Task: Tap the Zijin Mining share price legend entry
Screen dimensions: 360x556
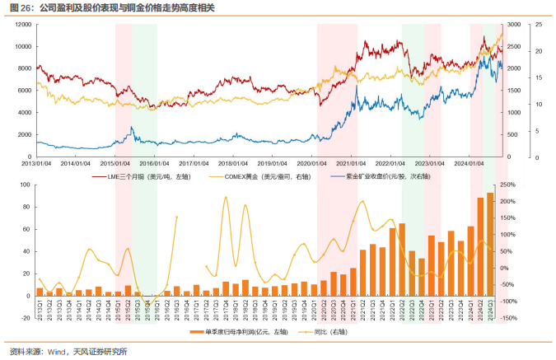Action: pos(388,176)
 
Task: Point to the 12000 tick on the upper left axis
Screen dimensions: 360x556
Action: pos(22,25)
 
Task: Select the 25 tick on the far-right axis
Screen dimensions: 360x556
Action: pos(538,25)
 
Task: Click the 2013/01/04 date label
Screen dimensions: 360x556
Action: pos(37,163)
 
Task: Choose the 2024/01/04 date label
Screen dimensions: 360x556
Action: pos(470,163)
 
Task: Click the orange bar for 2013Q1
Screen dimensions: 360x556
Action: pos(40,292)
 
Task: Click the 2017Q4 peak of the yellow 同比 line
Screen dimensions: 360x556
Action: pos(226,199)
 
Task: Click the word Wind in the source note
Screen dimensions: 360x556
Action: pos(55,352)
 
